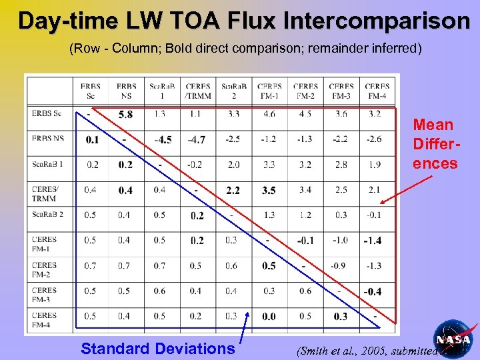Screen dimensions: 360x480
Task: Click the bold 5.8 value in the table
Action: [125, 115]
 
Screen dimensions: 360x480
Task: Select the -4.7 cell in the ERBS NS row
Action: [197, 139]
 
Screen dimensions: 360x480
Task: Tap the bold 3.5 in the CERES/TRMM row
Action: [269, 191]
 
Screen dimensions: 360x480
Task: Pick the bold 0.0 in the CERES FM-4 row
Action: [269, 317]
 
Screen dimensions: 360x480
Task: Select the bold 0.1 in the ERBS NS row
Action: [92, 139]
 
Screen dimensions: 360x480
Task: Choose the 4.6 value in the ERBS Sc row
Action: [269, 115]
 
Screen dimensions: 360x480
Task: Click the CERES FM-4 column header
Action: [377, 91]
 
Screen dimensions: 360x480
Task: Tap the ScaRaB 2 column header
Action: [233, 91]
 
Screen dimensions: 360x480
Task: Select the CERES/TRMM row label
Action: [45, 194]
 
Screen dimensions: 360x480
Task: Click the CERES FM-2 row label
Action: [45, 269]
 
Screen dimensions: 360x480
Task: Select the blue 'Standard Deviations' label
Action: [157, 348]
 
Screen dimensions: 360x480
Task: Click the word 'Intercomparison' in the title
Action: [377, 21]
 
